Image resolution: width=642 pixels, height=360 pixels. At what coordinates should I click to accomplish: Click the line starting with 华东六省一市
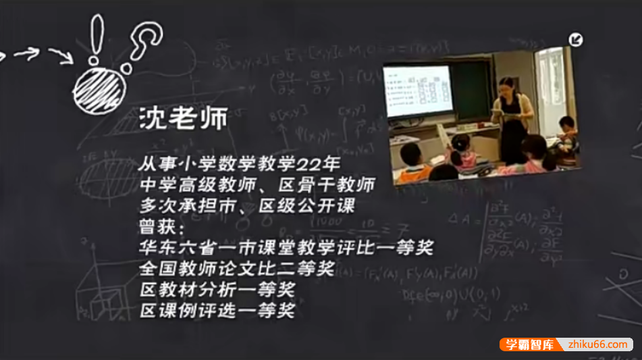click(x=286, y=248)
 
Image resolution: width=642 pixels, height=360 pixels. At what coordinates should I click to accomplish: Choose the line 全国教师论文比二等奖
click(x=237, y=269)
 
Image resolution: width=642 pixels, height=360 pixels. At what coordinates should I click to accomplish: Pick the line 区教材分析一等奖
click(x=217, y=290)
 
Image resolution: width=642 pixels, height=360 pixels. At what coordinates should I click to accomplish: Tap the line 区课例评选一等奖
click(x=217, y=311)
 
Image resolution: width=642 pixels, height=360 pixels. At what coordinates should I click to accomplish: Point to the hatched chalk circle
click(x=95, y=86)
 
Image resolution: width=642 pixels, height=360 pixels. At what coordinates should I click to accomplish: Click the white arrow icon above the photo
click(x=575, y=40)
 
